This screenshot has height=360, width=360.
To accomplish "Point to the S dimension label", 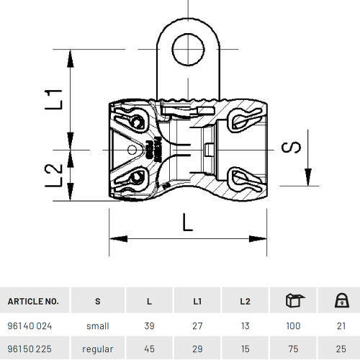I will (x=289, y=148).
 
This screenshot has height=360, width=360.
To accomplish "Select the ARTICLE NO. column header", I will (x=33, y=301).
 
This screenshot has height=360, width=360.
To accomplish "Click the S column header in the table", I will (x=97, y=301).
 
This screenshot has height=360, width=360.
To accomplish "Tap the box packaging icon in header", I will (x=293, y=300).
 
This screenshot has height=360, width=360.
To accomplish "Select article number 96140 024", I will (x=30, y=325).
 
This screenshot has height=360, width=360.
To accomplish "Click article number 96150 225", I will (x=30, y=349).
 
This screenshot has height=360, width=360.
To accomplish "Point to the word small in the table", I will (x=97, y=325).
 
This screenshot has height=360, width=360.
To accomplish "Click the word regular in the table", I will (x=97, y=349).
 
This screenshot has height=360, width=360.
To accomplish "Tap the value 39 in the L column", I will (x=150, y=325).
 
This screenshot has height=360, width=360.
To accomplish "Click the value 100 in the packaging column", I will (x=293, y=325).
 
